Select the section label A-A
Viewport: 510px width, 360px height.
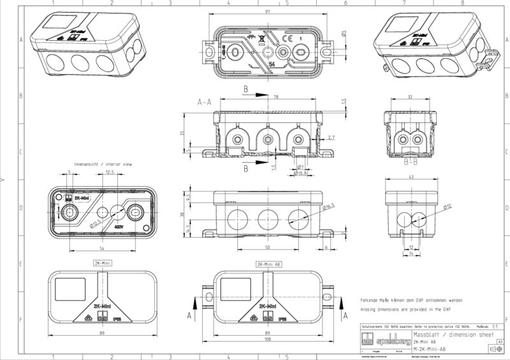tap(204, 102)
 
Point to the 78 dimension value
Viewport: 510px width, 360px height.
tap(276, 97)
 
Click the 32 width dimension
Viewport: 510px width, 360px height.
tap(410, 97)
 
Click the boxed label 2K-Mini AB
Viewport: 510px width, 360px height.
tap(268, 263)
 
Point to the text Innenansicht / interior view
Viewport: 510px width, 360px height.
tap(103, 164)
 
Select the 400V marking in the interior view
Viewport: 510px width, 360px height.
tap(119, 226)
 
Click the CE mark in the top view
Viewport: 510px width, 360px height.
tap(286, 40)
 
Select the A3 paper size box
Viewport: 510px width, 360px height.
tap(500, 342)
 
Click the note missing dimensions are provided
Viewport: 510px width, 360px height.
tap(411, 308)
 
